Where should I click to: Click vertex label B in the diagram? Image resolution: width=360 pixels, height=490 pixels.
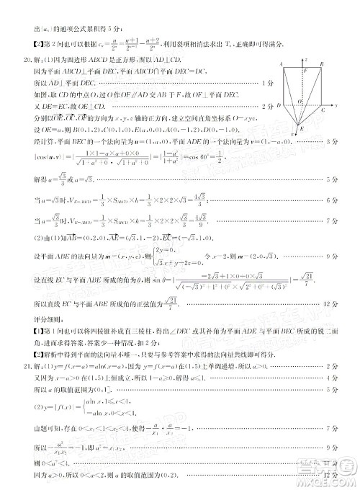323,63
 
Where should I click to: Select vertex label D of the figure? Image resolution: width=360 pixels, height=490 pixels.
278,104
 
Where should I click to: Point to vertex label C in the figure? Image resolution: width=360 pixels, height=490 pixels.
323,111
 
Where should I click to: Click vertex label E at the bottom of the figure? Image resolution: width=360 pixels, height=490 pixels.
302,128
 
